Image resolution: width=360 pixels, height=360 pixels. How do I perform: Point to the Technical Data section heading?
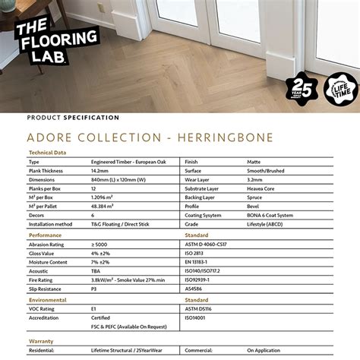tap(47, 152)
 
